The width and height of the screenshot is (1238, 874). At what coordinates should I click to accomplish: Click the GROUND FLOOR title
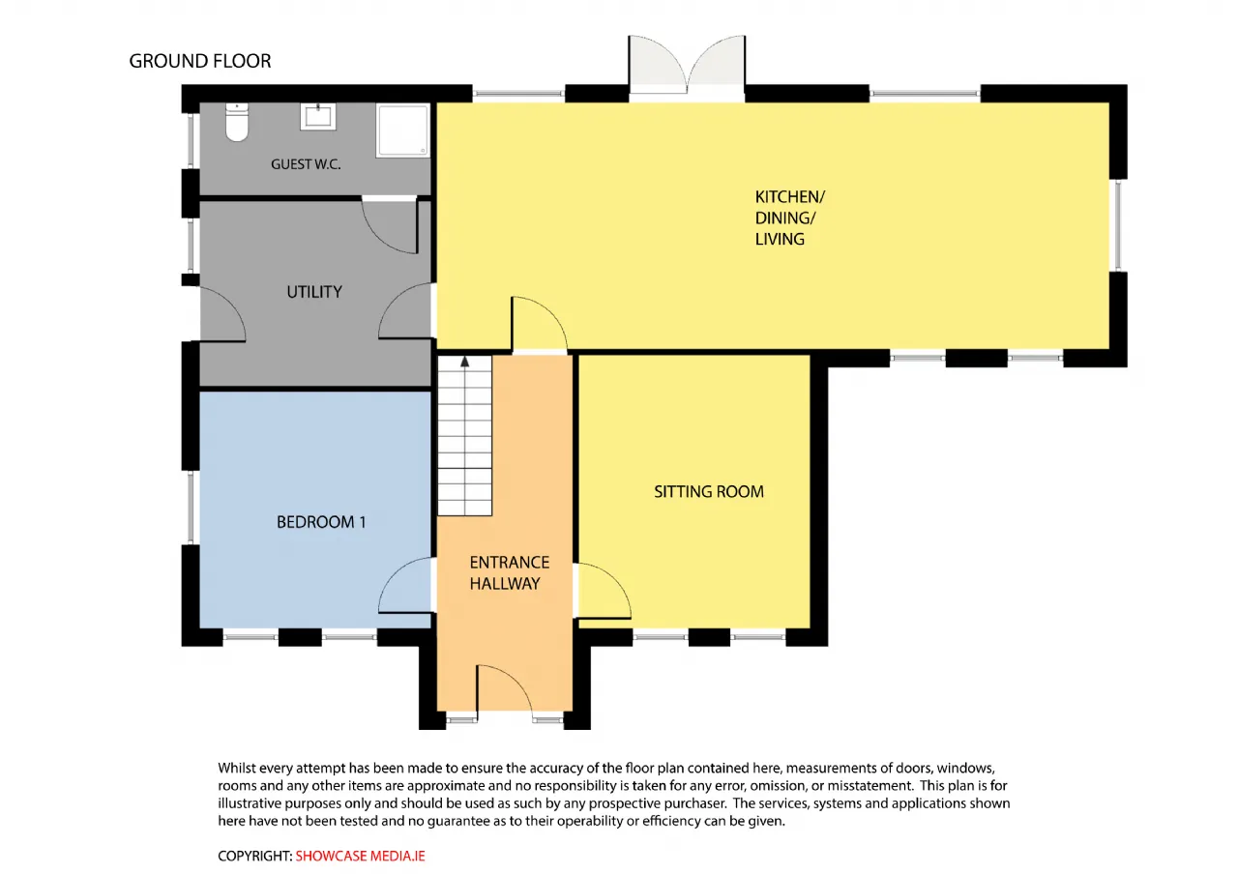coord(200,61)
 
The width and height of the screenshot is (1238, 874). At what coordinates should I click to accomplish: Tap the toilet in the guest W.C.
coord(237,122)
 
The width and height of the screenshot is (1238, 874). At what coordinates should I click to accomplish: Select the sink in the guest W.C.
coord(318,116)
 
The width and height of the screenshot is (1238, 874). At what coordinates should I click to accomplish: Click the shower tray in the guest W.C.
coord(402,131)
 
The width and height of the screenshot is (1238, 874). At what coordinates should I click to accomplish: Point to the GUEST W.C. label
coord(306,164)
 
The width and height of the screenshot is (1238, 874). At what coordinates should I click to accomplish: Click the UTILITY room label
coord(314,292)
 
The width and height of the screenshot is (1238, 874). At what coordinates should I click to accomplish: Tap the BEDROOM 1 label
coord(321,522)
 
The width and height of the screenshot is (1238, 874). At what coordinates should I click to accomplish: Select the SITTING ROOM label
coord(709,492)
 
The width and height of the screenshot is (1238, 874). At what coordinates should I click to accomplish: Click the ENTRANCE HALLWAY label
coord(510,573)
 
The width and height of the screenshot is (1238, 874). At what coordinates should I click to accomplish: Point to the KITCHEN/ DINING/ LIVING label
coord(790,218)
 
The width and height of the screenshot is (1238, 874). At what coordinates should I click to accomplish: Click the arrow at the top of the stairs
coord(465,362)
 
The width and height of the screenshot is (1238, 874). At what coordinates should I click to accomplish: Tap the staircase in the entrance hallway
coord(465,436)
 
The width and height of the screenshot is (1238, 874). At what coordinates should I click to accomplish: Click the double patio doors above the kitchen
coord(687,67)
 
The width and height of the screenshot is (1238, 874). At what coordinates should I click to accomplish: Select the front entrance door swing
coord(505,688)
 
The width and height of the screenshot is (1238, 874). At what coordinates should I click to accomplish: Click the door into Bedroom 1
coord(405,586)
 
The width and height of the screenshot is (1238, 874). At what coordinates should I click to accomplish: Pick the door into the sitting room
coord(604,591)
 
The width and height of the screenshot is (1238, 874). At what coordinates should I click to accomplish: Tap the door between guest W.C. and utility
coord(390,226)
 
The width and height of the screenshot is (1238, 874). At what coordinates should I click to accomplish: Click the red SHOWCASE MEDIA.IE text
coord(361,856)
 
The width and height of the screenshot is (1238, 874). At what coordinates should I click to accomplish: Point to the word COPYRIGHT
coord(255,856)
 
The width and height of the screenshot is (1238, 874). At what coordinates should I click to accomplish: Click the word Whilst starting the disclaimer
coord(236,768)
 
